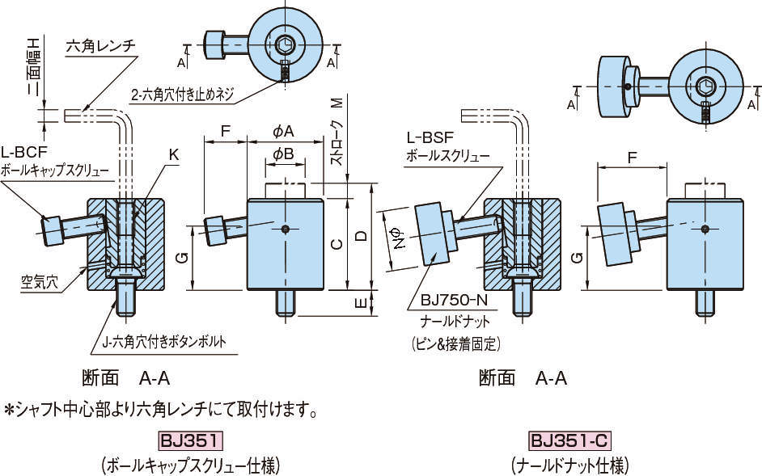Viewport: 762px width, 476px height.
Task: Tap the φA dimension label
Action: click(x=283, y=131)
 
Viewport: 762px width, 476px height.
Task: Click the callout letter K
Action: click(x=174, y=153)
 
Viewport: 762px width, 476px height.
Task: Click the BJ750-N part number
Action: click(x=450, y=301)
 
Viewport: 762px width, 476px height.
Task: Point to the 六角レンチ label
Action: click(x=99, y=46)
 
